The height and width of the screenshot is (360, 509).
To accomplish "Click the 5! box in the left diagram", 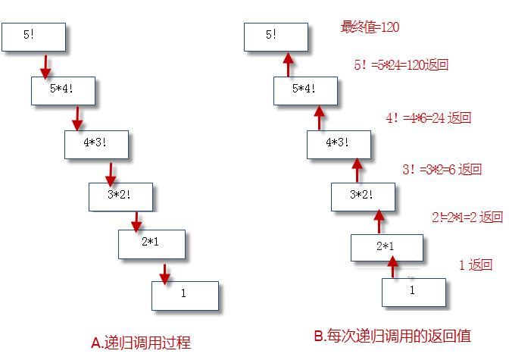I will [x=35, y=36].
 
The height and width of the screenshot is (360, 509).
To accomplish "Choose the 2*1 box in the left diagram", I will [x=151, y=243].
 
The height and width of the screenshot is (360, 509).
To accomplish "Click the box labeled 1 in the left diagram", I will [x=185, y=295].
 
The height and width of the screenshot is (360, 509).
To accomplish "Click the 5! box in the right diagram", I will [x=276, y=36].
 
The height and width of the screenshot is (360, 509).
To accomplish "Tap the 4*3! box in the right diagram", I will [x=339, y=143].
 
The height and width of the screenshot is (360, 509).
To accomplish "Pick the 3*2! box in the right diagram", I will [x=364, y=196].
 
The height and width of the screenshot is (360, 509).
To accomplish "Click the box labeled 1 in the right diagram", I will [x=413, y=291].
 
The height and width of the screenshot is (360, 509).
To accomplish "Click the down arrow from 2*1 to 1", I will [x=165, y=271].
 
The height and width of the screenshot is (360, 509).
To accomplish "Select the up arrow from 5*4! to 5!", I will [x=289, y=64].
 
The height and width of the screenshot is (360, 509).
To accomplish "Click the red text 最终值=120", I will [x=370, y=28].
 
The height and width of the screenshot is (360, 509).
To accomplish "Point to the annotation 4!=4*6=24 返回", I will [x=428, y=118].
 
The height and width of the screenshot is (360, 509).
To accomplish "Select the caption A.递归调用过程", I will [x=141, y=343].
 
